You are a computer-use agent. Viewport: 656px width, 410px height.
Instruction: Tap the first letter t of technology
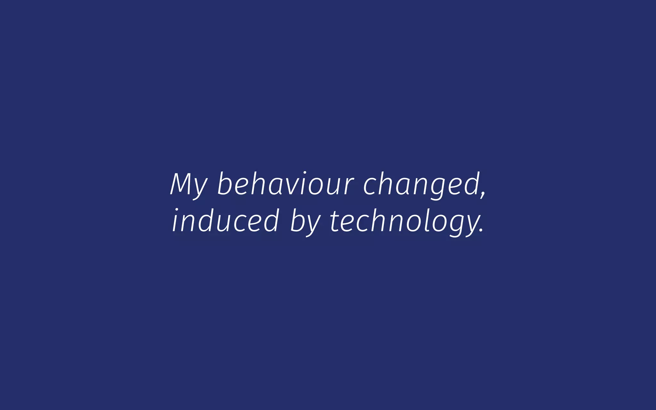pos(335,221)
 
